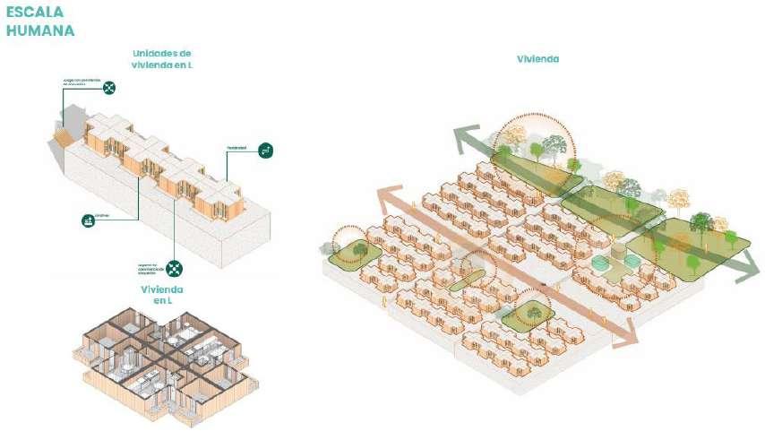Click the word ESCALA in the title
pos(33,13)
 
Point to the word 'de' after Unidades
pos(185,54)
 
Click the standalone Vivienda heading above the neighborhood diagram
pos(537,59)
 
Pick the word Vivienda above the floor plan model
pos(162,289)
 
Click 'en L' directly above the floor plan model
pos(162,301)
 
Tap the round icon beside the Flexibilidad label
pos(265,151)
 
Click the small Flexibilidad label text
pos(236,147)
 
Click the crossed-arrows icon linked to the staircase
pos(109,87)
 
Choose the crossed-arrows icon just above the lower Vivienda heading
pos(175,268)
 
